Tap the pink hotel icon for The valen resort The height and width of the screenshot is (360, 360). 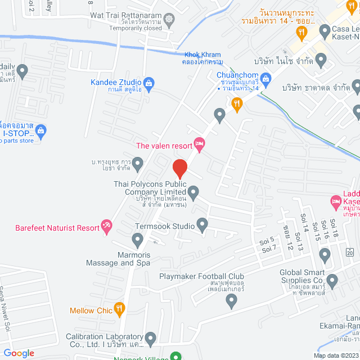199,145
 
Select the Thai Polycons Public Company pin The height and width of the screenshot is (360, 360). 193,194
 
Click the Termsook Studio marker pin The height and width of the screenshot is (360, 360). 202,226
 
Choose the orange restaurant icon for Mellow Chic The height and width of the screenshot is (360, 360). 119,308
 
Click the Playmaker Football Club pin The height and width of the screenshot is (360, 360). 231,302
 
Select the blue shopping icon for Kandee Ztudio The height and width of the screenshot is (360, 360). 148,84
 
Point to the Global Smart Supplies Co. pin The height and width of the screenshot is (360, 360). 332,280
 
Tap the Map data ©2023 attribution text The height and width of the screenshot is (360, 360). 335,355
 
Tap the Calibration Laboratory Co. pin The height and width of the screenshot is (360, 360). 150,339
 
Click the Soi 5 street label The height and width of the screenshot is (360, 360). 267,241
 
